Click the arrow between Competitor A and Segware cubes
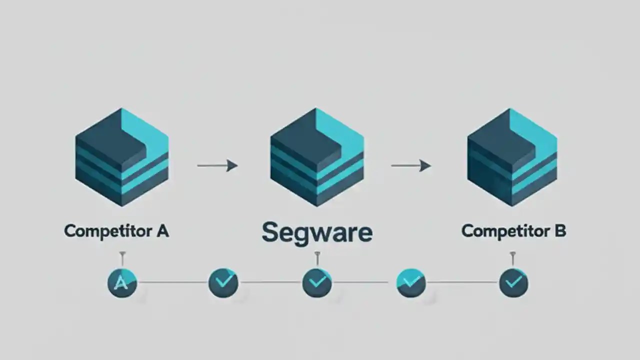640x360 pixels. pos(217,165)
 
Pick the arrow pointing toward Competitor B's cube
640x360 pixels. pos(410,165)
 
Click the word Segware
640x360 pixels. pos(317,232)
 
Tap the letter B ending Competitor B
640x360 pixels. pos(559,230)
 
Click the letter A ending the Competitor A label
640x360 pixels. pos(162,230)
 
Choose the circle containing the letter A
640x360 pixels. pos(122,283)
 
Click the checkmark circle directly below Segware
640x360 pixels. pos(317,282)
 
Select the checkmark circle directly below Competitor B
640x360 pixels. pos(513,283)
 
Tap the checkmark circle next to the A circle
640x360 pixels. pos(223,282)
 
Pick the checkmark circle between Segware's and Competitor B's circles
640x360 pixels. pos(411,282)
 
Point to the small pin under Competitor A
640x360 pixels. pos(122,258)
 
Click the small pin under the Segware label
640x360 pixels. pos(317,258)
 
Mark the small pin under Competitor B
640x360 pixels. pos(512,258)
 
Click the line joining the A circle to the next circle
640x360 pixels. pos(172,282)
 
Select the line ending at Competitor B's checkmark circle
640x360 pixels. pos(462,282)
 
